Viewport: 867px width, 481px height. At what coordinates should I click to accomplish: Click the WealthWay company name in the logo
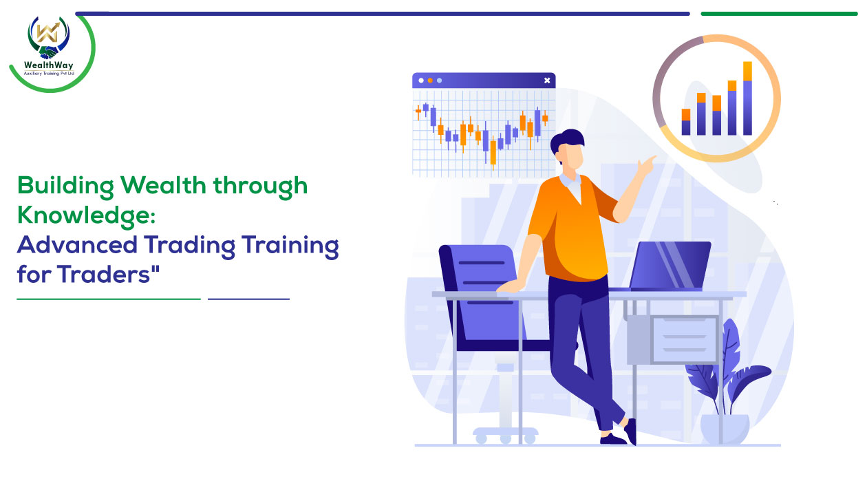point(48,65)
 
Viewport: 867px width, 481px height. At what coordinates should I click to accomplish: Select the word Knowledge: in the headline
point(86,215)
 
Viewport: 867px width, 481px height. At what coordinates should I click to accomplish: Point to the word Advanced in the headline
point(77,245)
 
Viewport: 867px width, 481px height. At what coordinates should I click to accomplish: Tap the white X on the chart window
point(547,81)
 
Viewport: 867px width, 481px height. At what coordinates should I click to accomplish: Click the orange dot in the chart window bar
point(430,81)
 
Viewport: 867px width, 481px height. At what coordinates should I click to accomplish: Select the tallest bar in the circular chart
point(747,98)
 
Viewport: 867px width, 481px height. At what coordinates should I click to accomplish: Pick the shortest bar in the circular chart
point(686,122)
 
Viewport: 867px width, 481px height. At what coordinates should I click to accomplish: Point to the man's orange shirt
point(572,228)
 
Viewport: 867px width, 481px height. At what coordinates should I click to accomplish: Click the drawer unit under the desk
point(673,339)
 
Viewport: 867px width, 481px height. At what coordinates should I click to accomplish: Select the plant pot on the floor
point(725,429)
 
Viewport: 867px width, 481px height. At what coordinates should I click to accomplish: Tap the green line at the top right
point(779,14)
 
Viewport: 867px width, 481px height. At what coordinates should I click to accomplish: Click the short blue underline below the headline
point(248,299)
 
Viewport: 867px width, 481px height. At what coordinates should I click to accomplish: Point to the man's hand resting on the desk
point(511,287)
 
